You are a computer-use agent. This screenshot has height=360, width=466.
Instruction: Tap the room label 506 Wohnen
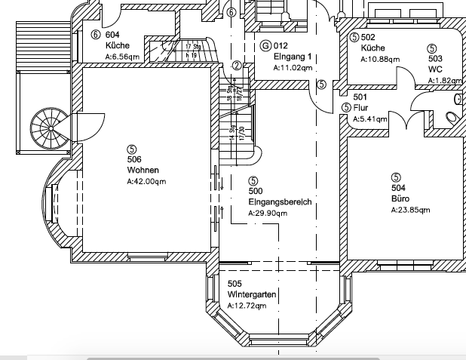tap(134, 165)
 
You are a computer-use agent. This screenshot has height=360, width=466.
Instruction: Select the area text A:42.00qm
tap(147, 181)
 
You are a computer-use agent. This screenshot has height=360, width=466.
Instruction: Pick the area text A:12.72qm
tap(247, 306)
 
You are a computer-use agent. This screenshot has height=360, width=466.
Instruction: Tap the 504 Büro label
tap(400, 192)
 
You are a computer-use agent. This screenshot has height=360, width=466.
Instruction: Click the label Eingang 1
tap(293, 57)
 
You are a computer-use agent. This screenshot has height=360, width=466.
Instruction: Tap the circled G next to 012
tap(265, 46)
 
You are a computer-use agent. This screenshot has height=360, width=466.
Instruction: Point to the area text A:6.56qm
tap(123, 57)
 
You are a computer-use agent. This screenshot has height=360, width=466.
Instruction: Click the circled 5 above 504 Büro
tap(396, 177)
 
